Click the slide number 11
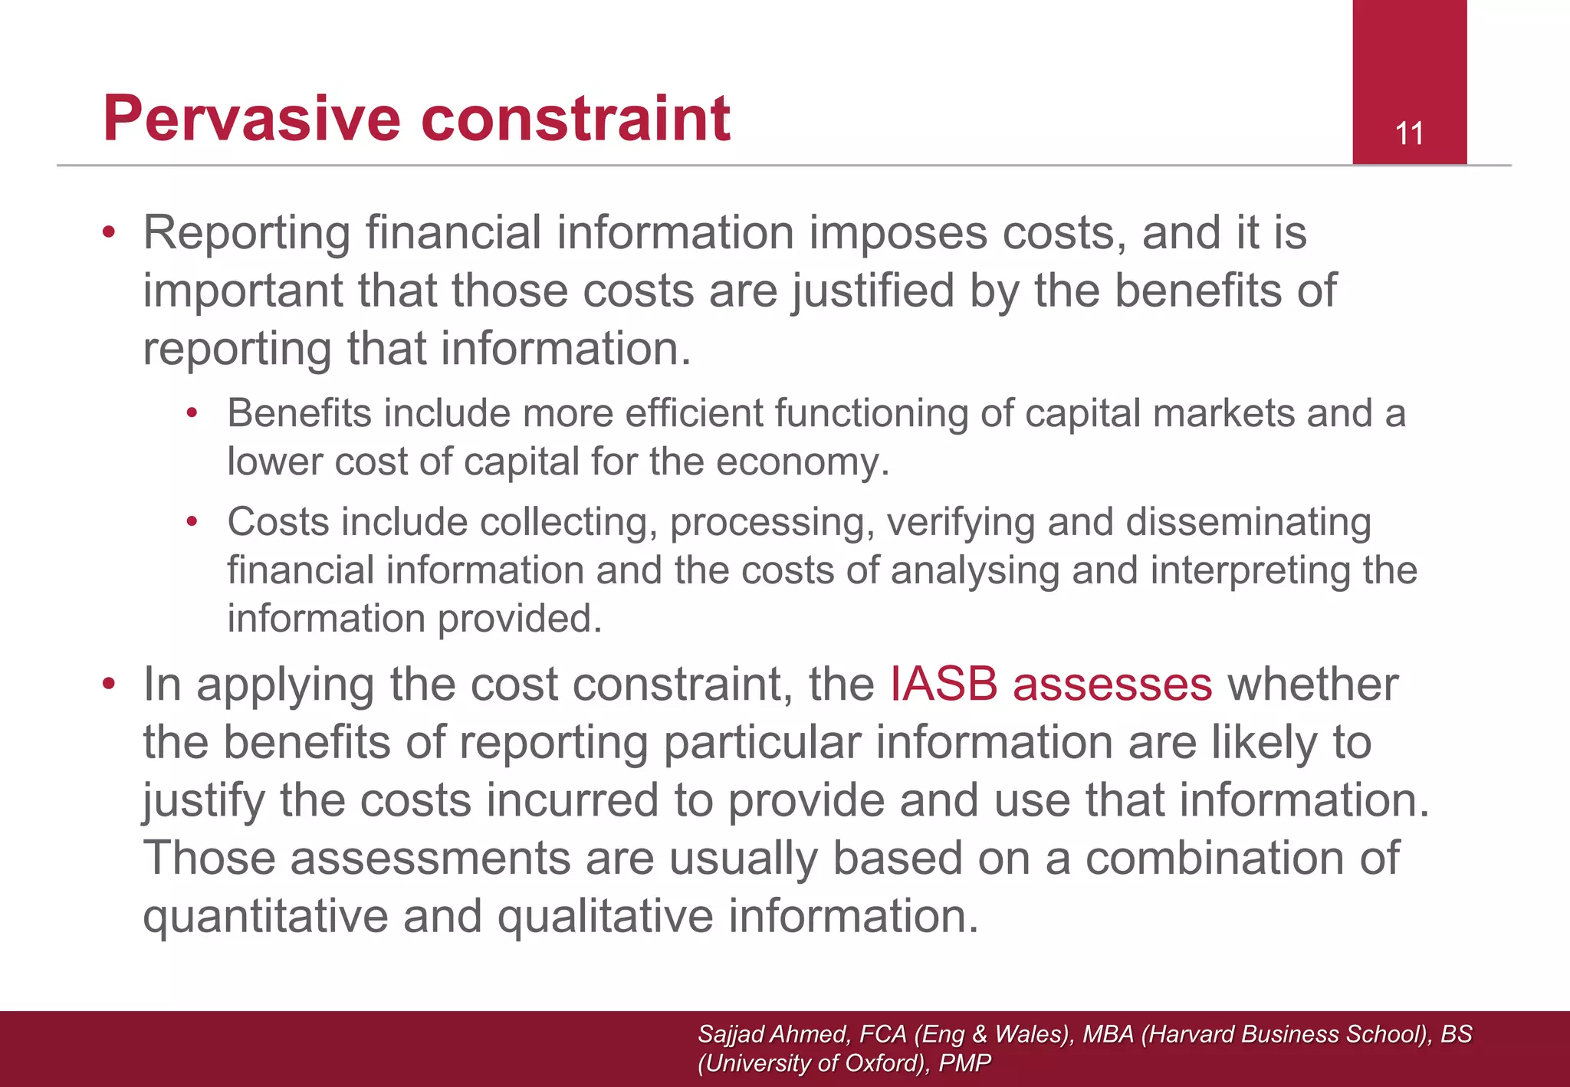(x=1409, y=133)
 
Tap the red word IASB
(x=944, y=684)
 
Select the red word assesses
(x=1112, y=684)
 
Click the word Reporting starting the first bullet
(x=247, y=233)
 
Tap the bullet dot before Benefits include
(x=192, y=414)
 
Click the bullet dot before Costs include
(x=192, y=523)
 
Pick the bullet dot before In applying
(x=109, y=683)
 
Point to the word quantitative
(x=265, y=916)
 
